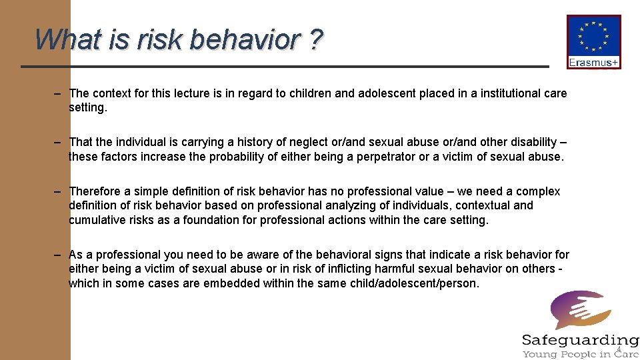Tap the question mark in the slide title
[x=314, y=40]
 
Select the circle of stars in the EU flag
[x=593, y=37]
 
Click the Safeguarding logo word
[x=580, y=340]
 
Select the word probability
[x=244, y=157]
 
